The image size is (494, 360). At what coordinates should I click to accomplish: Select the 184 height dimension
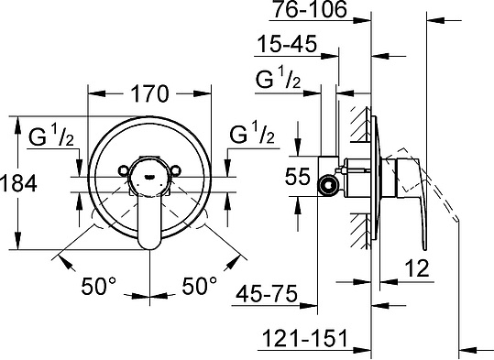click(x=18, y=183)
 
